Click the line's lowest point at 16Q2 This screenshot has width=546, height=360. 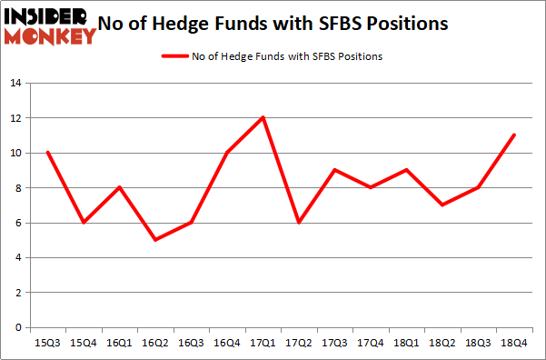pos(155,240)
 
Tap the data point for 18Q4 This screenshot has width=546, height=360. pos(514,135)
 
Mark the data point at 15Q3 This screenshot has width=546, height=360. pos(48,153)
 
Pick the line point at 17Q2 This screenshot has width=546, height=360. pos(299,223)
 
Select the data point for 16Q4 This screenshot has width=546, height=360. pos(227,153)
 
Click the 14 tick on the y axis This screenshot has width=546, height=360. pos(15,84)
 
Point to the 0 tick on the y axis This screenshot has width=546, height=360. pos(18,327)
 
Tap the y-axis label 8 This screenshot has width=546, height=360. pos(18,188)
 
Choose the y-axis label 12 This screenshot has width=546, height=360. pos(15,118)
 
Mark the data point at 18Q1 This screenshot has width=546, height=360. pos(406,170)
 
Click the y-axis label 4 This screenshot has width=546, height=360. pos(18,258)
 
